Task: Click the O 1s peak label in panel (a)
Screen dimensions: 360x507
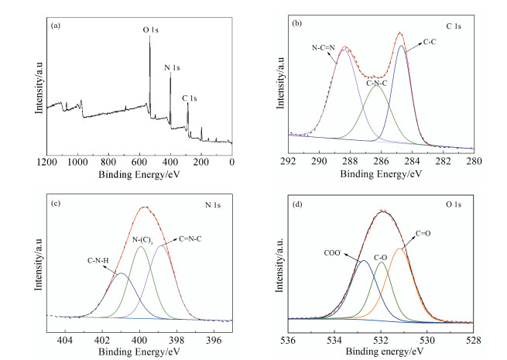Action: point(152,29)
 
